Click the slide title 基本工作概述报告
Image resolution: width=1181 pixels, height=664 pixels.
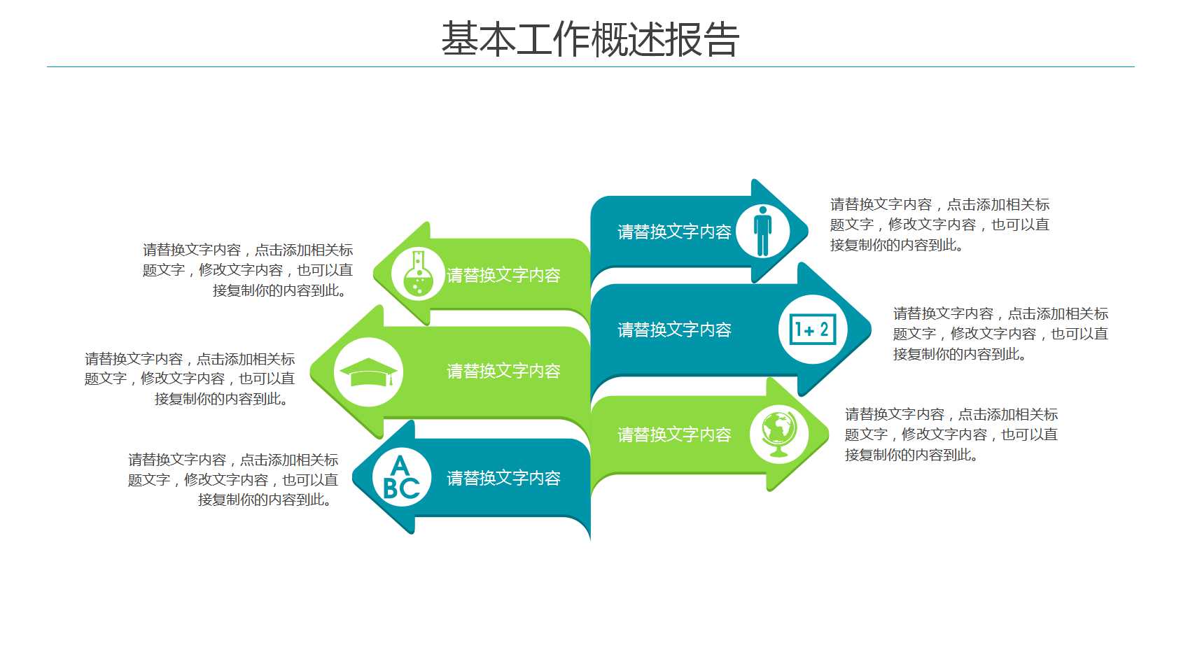click(x=589, y=39)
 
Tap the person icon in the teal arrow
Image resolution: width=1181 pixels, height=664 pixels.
click(x=762, y=230)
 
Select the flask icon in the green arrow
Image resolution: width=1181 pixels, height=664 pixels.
click(x=418, y=274)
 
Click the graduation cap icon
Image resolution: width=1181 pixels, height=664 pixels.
click(x=368, y=372)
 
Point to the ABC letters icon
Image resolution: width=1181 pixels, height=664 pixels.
click(x=401, y=478)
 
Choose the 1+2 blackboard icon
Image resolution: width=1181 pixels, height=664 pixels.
click(x=812, y=329)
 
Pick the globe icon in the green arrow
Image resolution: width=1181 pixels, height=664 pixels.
click(x=778, y=433)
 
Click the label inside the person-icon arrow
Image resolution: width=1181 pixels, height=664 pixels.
click(x=673, y=232)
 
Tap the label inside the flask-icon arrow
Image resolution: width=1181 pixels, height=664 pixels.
click(x=503, y=275)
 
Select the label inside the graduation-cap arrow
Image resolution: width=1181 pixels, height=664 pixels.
click(x=503, y=371)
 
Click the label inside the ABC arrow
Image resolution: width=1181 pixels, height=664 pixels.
click(x=503, y=478)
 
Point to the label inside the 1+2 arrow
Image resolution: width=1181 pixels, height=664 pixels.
click(x=673, y=330)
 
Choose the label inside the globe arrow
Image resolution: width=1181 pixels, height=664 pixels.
click(x=673, y=435)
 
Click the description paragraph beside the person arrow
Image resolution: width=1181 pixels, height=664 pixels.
click(x=939, y=225)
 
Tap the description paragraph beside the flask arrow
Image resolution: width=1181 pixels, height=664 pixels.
click(x=248, y=270)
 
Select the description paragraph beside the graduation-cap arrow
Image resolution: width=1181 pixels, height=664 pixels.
click(x=190, y=379)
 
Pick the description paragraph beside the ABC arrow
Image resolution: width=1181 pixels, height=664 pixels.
click(x=233, y=479)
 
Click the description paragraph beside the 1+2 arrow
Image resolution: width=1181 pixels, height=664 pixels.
click(x=1000, y=334)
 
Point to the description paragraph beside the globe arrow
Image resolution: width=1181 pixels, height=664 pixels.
click(x=951, y=435)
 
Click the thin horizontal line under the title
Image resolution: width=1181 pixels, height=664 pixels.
click(x=590, y=67)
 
